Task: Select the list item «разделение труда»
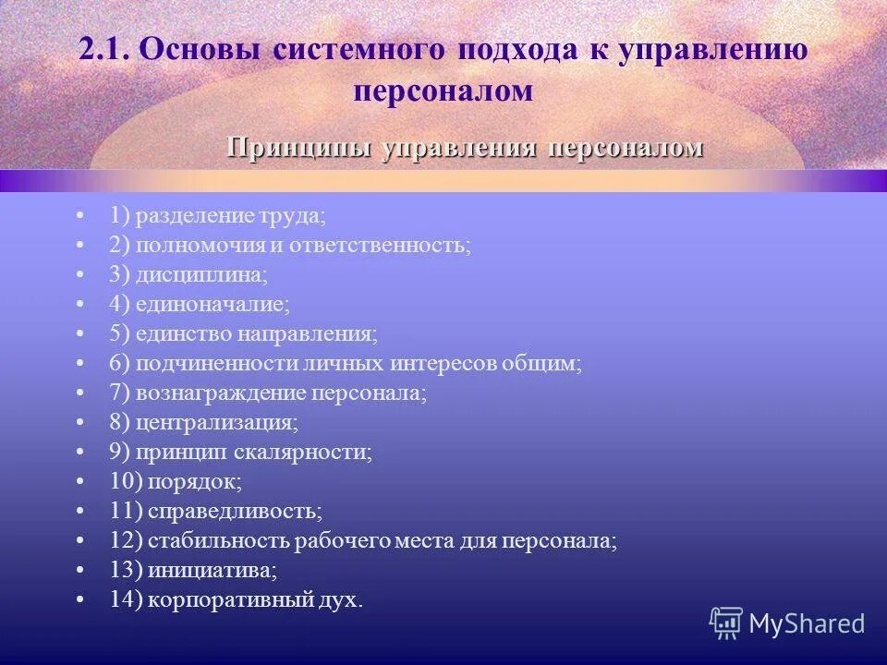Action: coord(230,216)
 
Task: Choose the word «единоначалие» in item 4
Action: coord(213,305)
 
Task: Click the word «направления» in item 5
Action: coord(317,334)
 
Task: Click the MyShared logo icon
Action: coord(726,623)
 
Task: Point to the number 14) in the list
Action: coord(124,599)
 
